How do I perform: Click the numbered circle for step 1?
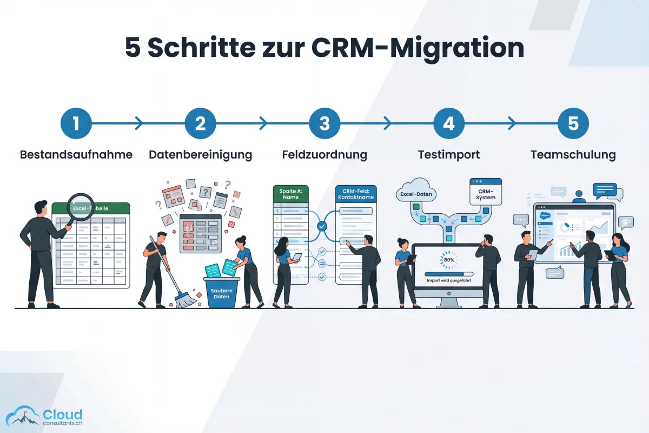point(76,123)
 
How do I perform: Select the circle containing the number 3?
point(325,123)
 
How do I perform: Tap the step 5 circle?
point(573,123)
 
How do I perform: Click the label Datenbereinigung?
point(200,155)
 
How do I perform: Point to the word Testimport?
point(448,155)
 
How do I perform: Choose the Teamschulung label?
point(573,155)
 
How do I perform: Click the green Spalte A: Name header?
point(291,194)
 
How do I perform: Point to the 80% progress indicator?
point(448,259)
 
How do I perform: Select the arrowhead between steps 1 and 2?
point(139,123)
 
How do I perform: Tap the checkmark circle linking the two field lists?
point(322,226)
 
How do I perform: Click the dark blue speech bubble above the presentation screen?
point(605,190)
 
